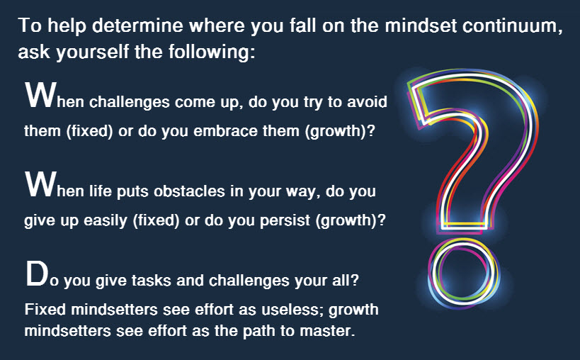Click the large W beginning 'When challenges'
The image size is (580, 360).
click(41, 95)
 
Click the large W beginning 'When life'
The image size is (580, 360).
click(41, 184)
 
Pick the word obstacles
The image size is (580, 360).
click(189, 191)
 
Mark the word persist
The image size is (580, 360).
click(285, 220)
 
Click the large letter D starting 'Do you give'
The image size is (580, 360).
click(37, 274)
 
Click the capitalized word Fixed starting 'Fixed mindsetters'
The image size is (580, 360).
click(45, 309)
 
